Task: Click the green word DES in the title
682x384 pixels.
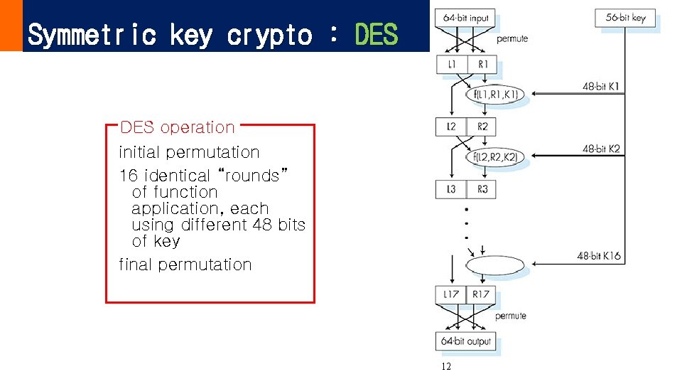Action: pyautogui.click(x=376, y=33)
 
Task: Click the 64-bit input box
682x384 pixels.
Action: pyautogui.click(x=466, y=18)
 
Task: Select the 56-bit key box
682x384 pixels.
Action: pyautogui.click(x=625, y=18)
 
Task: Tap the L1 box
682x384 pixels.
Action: pyautogui.click(x=451, y=65)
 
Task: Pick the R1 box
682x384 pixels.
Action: pyautogui.click(x=482, y=65)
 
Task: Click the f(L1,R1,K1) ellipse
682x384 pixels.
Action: pyautogui.click(x=495, y=94)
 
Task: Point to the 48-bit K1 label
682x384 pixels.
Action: pyautogui.click(x=601, y=87)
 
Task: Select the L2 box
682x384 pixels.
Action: pyautogui.click(x=451, y=127)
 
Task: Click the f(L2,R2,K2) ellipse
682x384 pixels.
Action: pyautogui.click(x=495, y=156)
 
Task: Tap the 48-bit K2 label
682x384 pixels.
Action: pyautogui.click(x=601, y=149)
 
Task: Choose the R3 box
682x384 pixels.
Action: pyautogui.click(x=482, y=189)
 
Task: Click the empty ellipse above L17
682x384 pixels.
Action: pyautogui.click(x=495, y=267)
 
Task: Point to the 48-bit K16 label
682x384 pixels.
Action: pyautogui.click(x=599, y=255)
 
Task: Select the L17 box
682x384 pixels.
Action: pyautogui.click(x=451, y=294)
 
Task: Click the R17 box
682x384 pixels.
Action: pyautogui.click(x=482, y=294)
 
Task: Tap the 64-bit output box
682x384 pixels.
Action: pyautogui.click(x=466, y=341)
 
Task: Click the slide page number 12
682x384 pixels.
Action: pyautogui.click(x=445, y=367)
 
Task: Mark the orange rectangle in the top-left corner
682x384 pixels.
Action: pyautogui.click(x=11, y=26)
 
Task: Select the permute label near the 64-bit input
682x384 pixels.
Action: pyautogui.click(x=512, y=38)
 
